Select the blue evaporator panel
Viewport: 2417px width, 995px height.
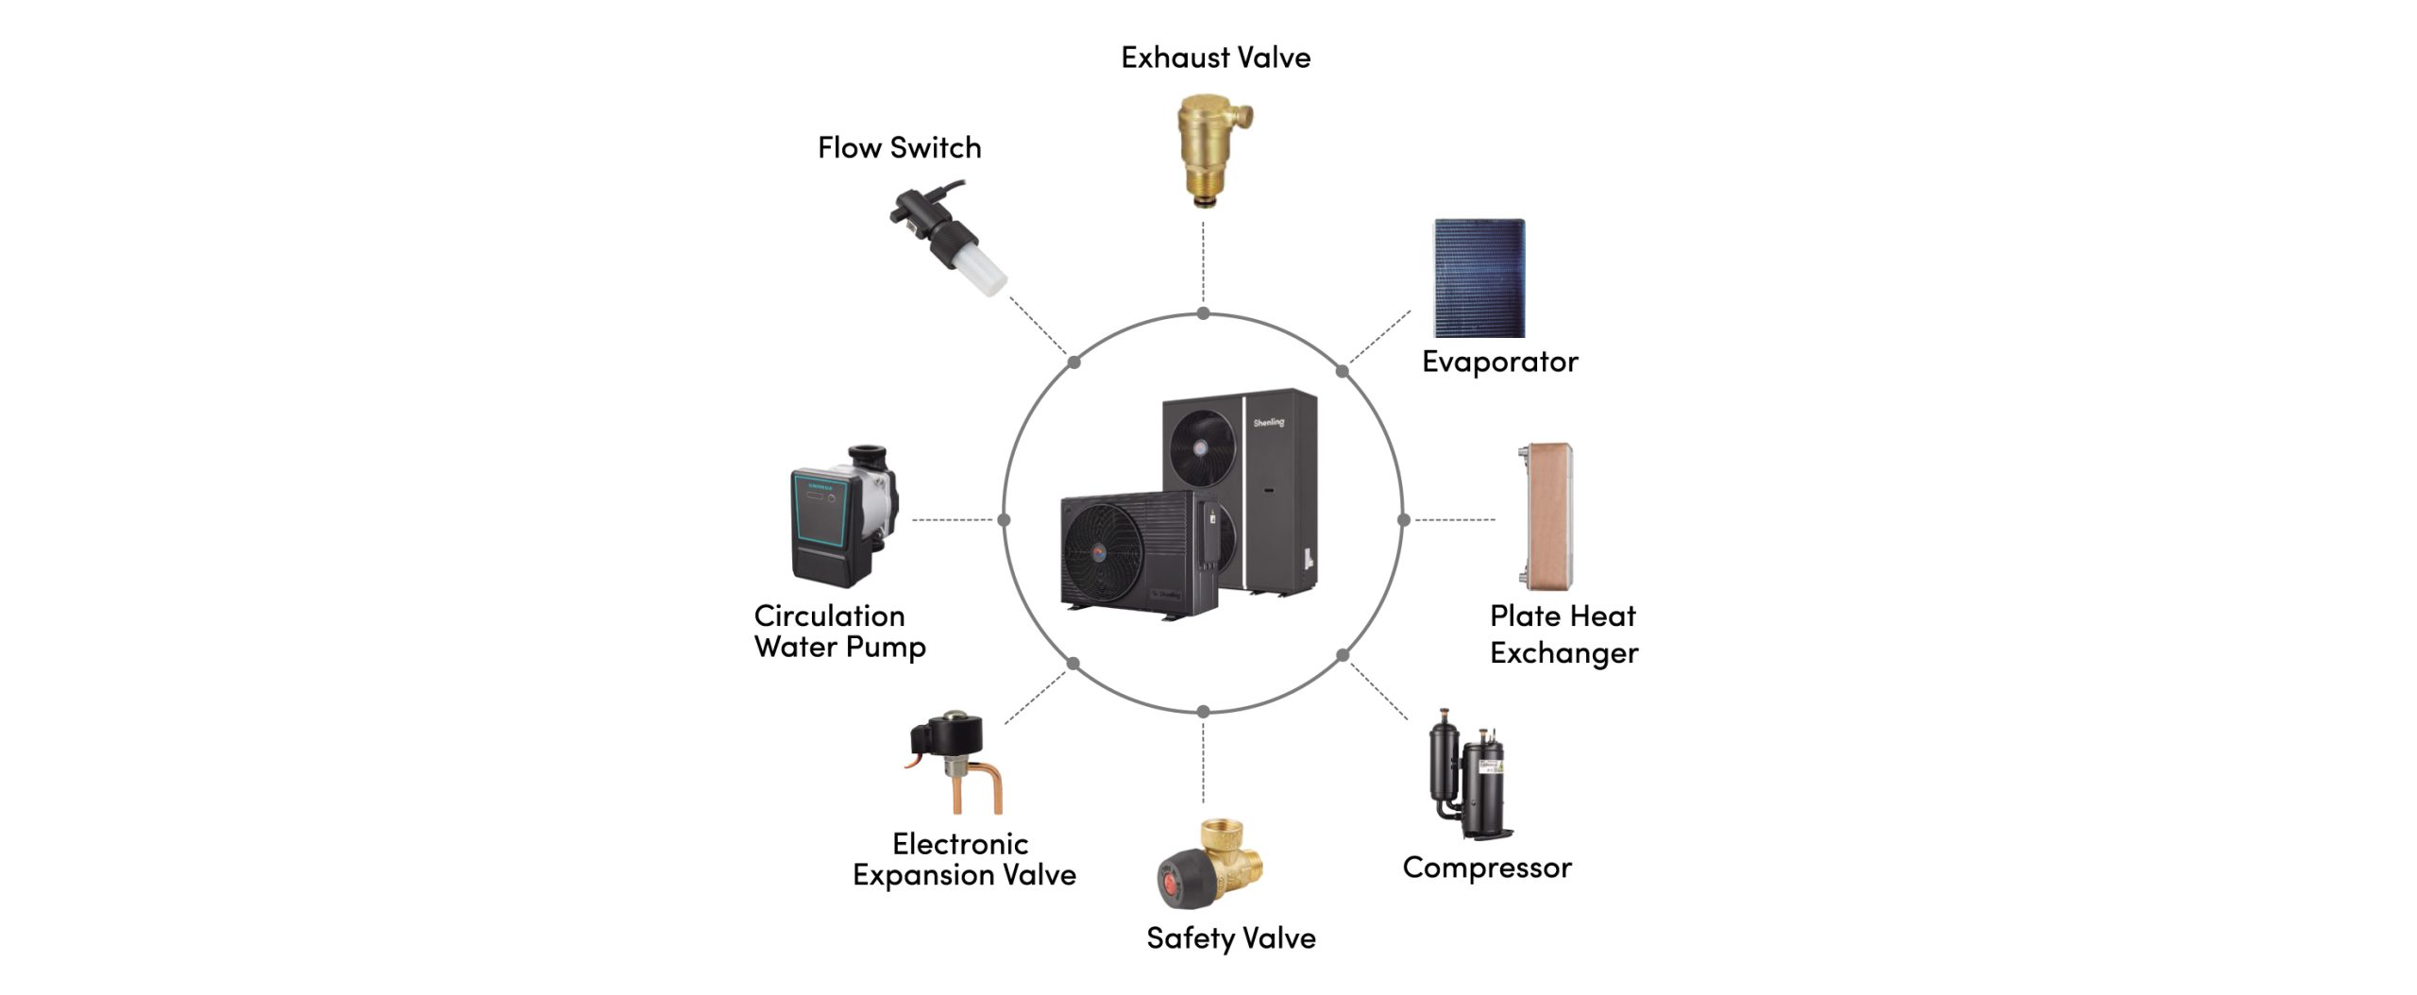1479,278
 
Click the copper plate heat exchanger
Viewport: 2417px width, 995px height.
1548,515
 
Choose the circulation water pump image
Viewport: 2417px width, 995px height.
844,515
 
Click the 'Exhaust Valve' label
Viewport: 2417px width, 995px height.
1215,58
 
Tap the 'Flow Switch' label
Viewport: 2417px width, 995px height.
899,148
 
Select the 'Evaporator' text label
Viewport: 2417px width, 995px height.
1499,362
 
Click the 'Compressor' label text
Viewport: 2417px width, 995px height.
1487,869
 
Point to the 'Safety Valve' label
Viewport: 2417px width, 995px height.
1230,938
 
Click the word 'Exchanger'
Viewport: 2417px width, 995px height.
1563,653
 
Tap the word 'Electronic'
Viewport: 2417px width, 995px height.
960,843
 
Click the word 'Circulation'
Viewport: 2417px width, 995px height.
829,616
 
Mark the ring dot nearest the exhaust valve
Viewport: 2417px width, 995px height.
1203,313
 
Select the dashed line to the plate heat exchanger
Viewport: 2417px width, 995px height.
1455,519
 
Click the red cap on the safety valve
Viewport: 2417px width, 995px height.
1172,884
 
